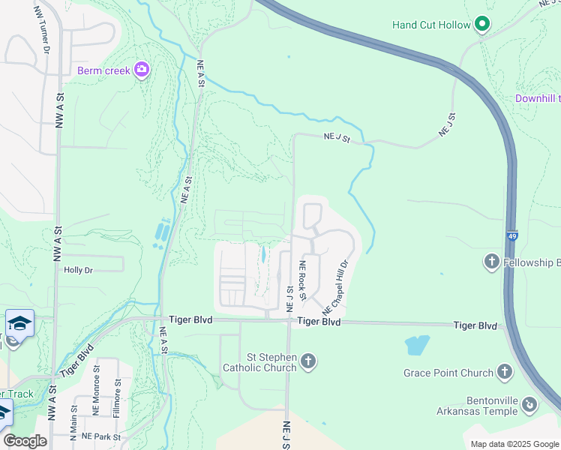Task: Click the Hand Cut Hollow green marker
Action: [x=483, y=25]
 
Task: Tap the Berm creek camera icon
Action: [x=142, y=70]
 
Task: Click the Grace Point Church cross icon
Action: [x=505, y=372]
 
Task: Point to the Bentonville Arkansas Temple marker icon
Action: [x=529, y=405]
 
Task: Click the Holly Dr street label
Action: [x=78, y=270]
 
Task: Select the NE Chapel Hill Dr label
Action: [x=336, y=288]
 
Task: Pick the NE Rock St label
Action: [x=303, y=279]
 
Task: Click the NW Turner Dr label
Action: [x=42, y=29]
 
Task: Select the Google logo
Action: [x=25, y=440]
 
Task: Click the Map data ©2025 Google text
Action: [x=513, y=444]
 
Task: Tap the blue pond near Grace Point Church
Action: [x=417, y=345]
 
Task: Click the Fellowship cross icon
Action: [x=491, y=262]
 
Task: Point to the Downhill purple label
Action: [x=537, y=98]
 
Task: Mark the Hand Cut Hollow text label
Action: [x=431, y=25]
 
